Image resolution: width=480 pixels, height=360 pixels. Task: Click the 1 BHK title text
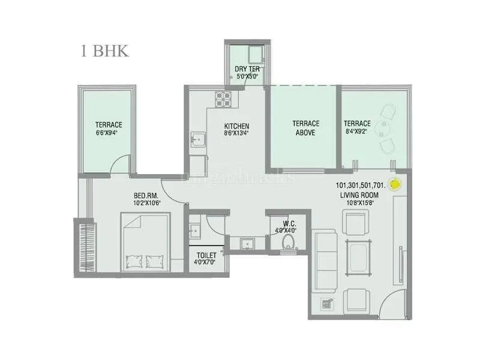tap(105, 50)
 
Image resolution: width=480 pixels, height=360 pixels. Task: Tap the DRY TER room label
tap(247, 69)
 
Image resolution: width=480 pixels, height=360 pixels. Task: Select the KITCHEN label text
tap(236, 126)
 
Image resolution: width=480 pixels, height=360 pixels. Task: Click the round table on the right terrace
tap(384, 128)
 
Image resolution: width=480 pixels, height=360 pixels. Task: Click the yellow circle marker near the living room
tap(395, 185)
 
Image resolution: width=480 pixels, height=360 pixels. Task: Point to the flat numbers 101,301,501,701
tap(362, 185)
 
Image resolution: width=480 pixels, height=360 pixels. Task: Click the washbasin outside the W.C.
tap(247, 242)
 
